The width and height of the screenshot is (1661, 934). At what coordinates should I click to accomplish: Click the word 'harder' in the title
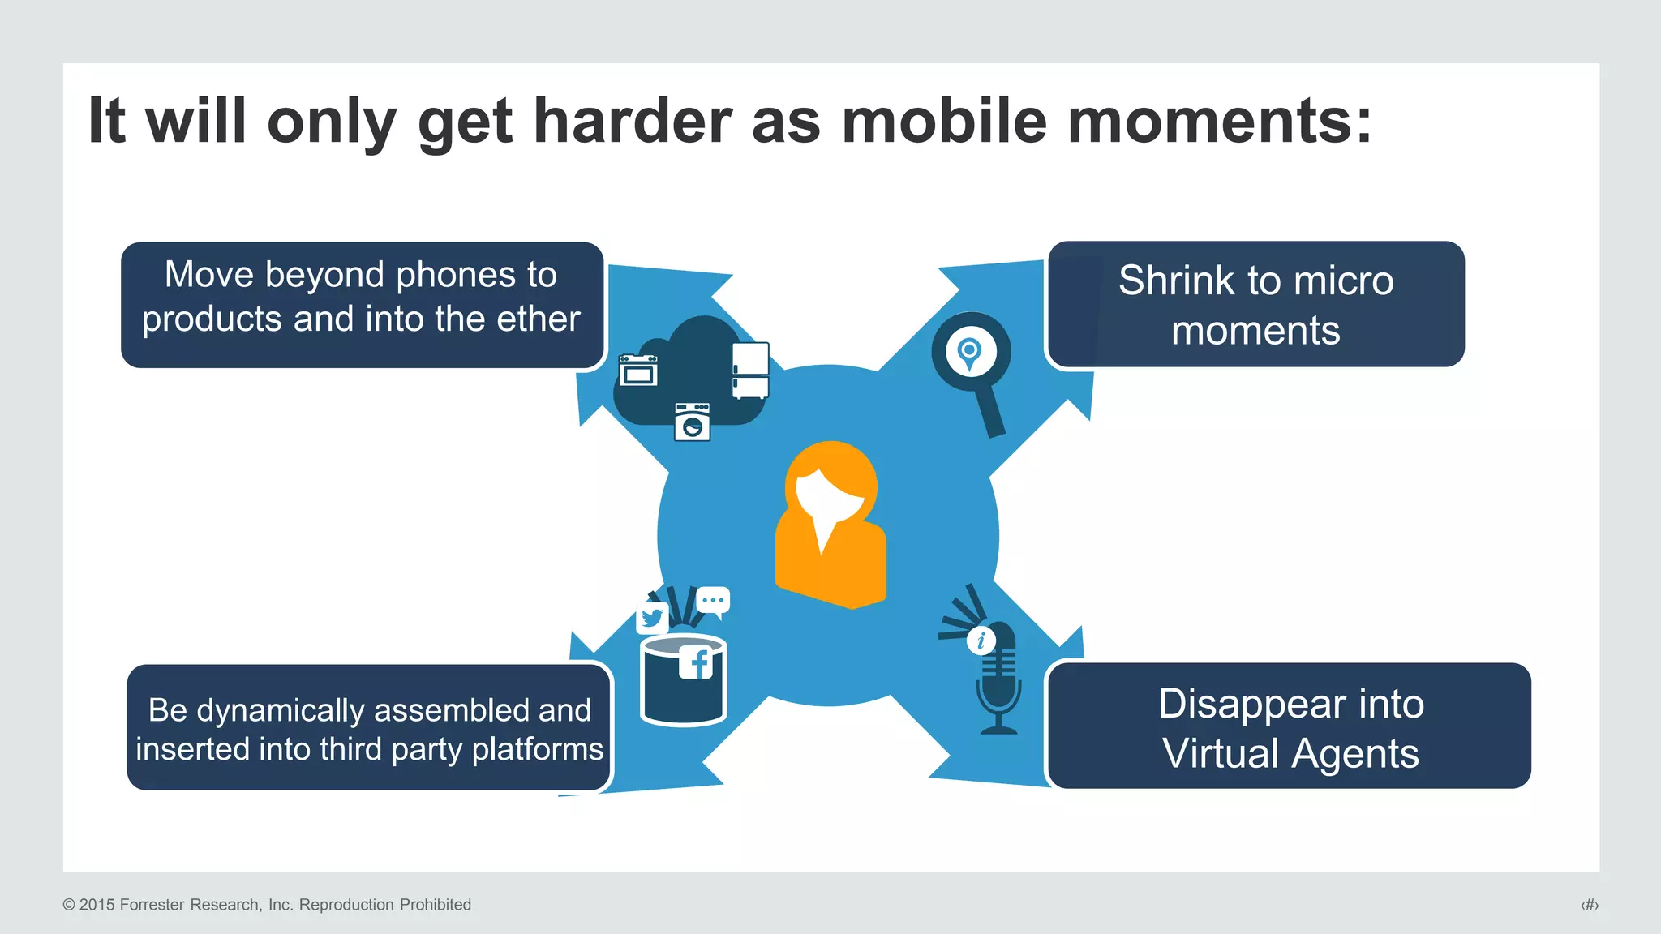(632, 122)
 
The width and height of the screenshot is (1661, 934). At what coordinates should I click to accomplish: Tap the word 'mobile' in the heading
(944, 122)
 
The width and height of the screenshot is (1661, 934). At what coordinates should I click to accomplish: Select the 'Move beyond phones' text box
(362, 305)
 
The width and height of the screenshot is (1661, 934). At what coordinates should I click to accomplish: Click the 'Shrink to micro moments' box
(1255, 305)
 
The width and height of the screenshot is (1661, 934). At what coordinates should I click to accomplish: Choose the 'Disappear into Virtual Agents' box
(1290, 726)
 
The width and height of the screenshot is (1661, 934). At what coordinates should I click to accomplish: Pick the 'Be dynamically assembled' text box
(369, 727)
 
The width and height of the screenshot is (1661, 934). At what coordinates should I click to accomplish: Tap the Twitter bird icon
(652, 619)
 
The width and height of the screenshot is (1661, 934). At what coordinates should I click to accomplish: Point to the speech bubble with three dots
(713, 601)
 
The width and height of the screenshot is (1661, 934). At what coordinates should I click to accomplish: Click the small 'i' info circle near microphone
(981, 641)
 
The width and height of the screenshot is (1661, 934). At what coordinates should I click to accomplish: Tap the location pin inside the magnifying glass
(970, 353)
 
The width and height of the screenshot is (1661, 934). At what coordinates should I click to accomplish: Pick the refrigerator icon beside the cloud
(750, 371)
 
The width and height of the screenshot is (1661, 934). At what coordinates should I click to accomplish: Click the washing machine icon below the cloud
(692, 422)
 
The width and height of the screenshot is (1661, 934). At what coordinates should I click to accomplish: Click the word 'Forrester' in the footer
(152, 905)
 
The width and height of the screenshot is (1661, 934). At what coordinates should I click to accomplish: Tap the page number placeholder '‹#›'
(1589, 905)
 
